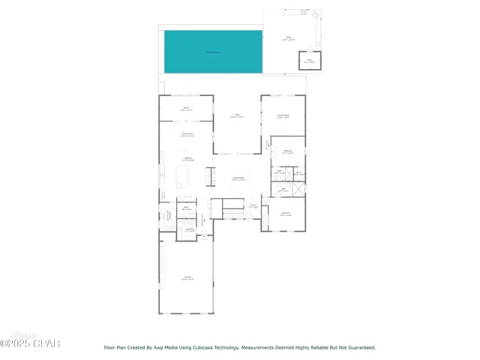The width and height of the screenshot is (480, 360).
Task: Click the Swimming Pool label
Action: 214,52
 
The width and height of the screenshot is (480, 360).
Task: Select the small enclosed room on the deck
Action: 309,60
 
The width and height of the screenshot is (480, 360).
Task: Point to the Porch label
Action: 186,109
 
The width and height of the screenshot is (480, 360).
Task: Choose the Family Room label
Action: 283,116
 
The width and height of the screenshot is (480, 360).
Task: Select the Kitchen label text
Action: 188,159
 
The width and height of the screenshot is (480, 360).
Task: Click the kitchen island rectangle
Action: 182,177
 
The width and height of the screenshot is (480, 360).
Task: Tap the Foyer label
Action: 253,206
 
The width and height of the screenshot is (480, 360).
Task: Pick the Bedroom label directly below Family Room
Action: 287,152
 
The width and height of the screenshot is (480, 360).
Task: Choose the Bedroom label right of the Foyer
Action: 285,214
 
